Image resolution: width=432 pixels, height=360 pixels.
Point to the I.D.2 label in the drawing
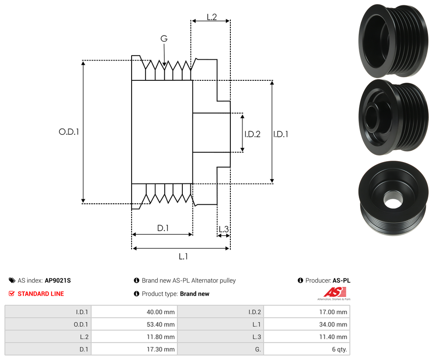[252, 134]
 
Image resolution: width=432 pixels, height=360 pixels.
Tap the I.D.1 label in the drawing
[281, 134]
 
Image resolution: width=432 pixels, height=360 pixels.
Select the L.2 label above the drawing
[212, 17]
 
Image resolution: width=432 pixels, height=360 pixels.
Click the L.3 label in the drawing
[223, 230]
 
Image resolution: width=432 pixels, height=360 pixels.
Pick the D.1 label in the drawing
[163, 228]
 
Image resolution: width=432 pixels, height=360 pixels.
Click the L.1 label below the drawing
[183, 257]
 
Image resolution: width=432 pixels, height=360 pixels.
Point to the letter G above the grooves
[164, 39]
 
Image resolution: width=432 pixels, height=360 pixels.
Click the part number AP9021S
[57, 281]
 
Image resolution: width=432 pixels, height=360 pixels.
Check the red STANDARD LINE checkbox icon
[12, 294]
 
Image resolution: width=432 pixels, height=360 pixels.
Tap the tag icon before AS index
[12, 281]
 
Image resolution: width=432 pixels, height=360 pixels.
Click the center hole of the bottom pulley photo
[392, 201]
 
